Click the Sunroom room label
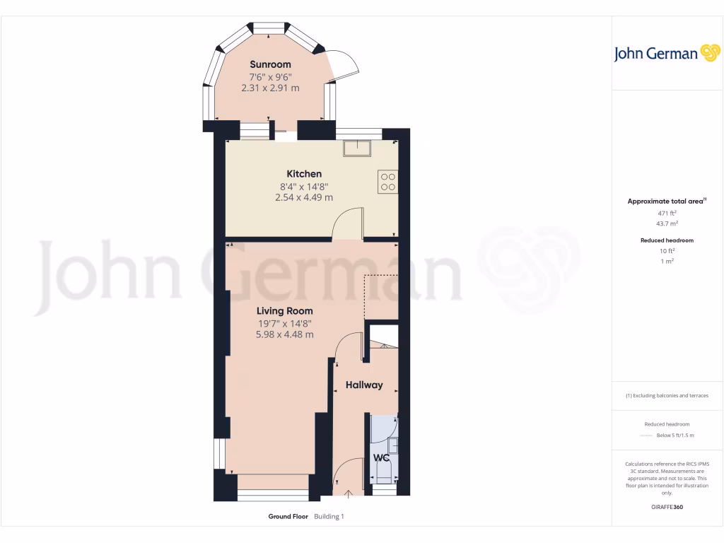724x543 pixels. point(270,64)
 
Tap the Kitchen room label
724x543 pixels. point(304,174)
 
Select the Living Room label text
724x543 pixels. point(284,311)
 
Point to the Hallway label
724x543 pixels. point(364,385)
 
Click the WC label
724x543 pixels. point(382,458)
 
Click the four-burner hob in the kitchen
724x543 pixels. point(387,182)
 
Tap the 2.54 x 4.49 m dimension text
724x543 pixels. point(304,198)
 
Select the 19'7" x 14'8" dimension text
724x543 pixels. point(284,324)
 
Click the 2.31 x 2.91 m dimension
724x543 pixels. point(270,88)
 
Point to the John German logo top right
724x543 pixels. point(666,53)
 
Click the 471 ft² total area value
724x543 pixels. point(667,213)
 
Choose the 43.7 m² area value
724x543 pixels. point(667,223)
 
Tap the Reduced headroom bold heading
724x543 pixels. point(667,240)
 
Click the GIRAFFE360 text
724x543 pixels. point(667,507)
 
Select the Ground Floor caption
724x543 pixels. point(288,517)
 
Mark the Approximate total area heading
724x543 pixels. point(667,202)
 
